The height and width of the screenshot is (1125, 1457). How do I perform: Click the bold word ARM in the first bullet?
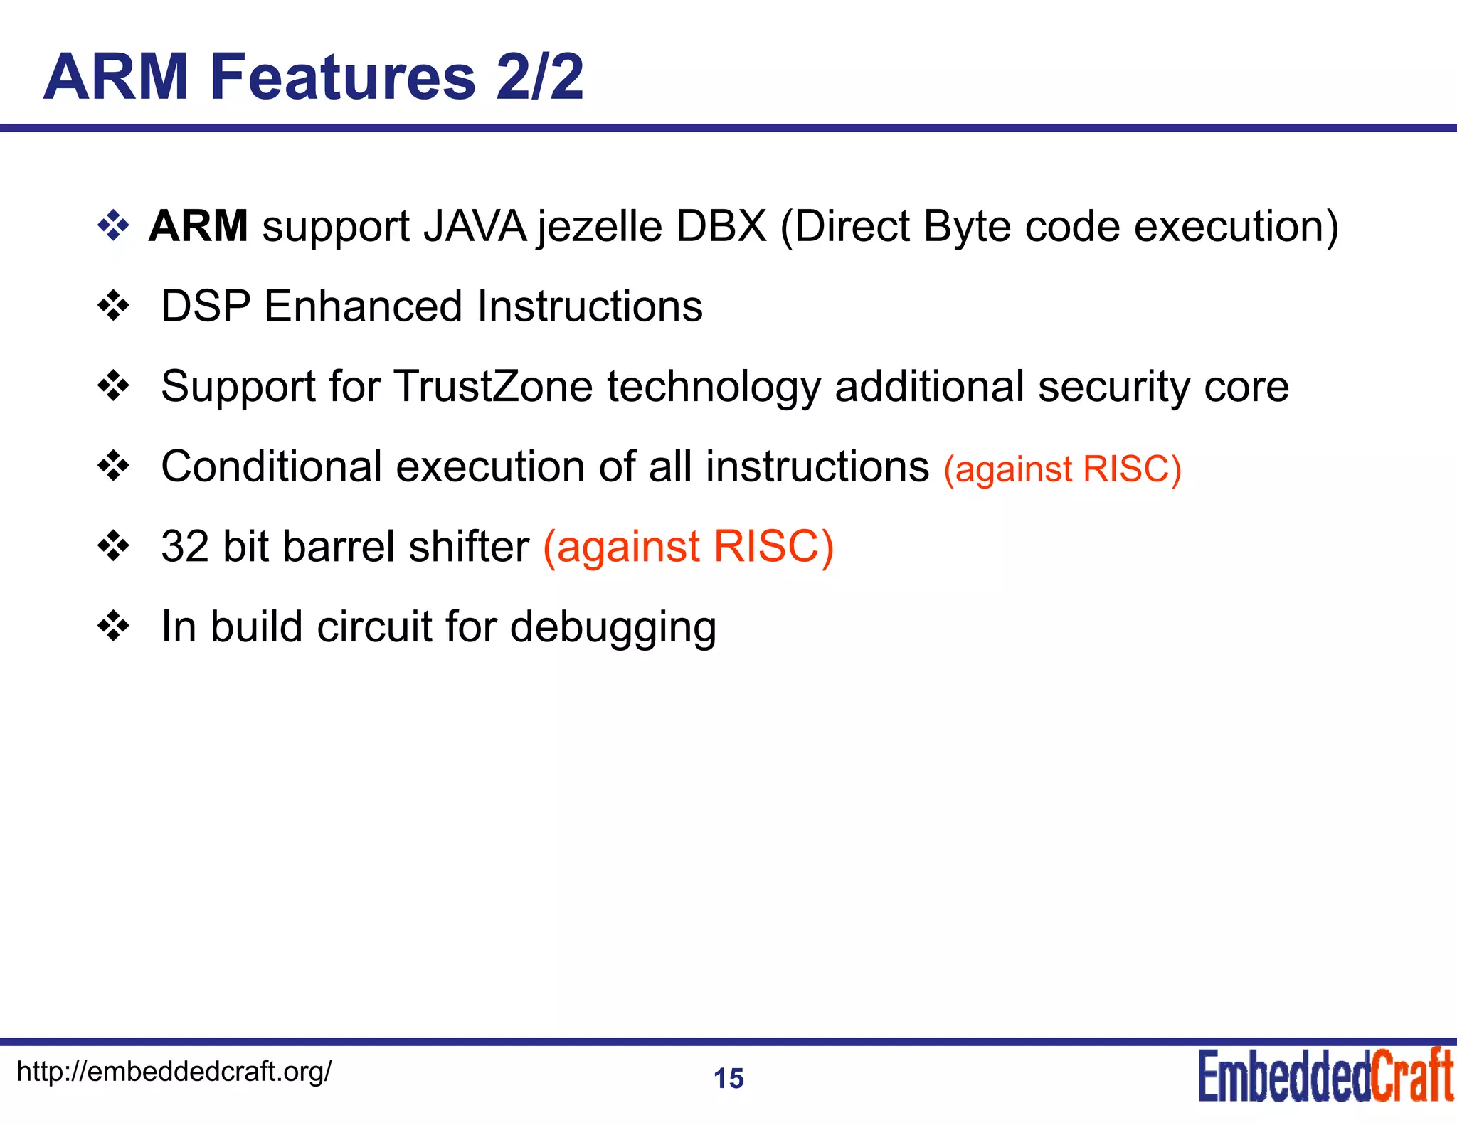tap(198, 227)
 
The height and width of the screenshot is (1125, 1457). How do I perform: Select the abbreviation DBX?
tap(721, 227)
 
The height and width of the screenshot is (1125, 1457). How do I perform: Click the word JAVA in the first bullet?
tap(475, 227)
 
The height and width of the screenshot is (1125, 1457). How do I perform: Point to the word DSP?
tap(206, 306)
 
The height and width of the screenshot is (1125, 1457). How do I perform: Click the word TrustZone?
tap(493, 387)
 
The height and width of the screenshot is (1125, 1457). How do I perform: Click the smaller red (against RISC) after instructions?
tap(1062, 469)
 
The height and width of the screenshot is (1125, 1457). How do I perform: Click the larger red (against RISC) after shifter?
tap(688, 547)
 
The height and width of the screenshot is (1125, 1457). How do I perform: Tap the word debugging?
tap(613, 628)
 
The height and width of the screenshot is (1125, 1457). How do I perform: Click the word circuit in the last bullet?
tap(374, 627)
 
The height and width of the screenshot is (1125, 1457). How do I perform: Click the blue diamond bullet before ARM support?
tap(113, 227)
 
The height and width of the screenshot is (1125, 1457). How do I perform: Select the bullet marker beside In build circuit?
tap(113, 627)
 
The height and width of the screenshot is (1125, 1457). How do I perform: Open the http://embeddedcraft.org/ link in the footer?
tap(174, 1071)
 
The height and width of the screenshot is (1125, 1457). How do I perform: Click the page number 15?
tap(728, 1079)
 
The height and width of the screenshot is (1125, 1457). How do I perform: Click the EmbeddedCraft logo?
tap(1325, 1076)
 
